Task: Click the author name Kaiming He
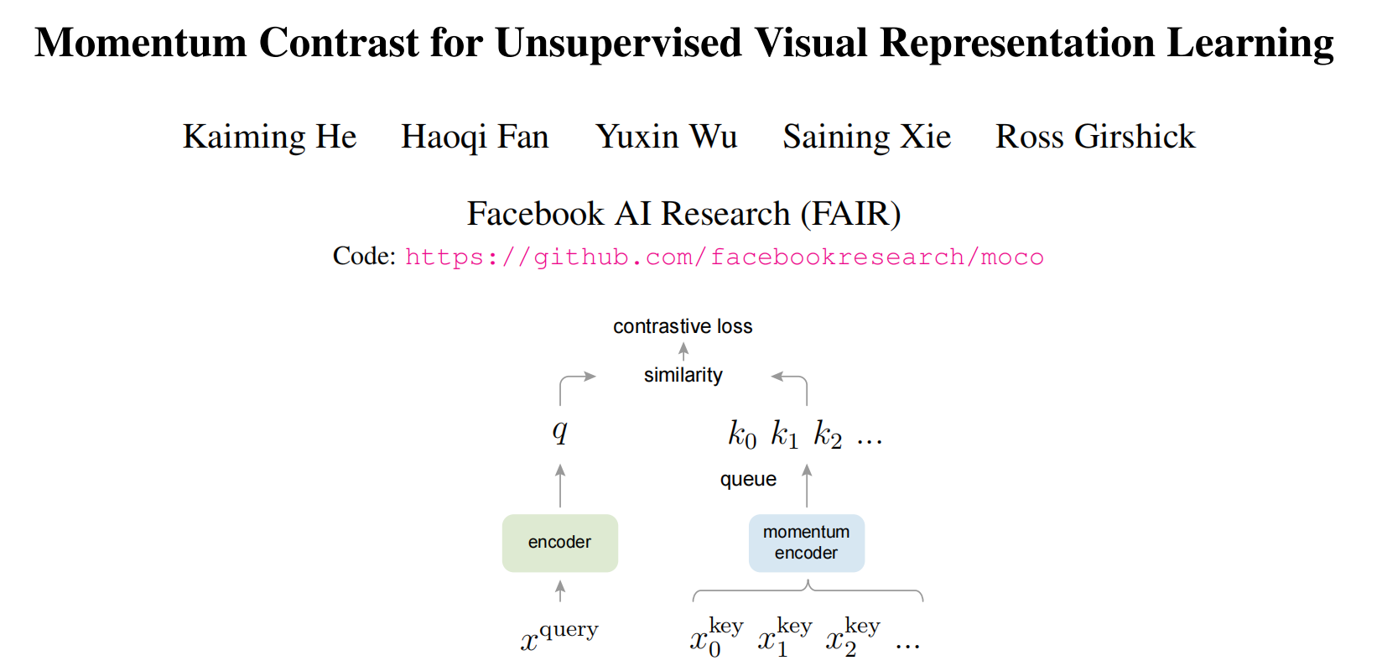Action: click(x=269, y=137)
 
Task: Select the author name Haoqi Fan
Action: click(x=475, y=137)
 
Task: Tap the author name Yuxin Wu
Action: click(x=667, y=137)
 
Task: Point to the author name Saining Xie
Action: click(x=867, y=137)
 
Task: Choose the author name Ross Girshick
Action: click(x=1095, y=137)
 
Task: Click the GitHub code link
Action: click(x=725, y=257)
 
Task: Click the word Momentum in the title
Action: click(x=140, y=43)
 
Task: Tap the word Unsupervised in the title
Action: click(x=618, y=43)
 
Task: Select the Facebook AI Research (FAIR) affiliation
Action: click(x=683, y=214)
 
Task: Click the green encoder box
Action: click(x=559, y=543)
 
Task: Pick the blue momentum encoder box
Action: click(x=806, y=543)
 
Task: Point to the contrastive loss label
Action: click(x=683, y=326)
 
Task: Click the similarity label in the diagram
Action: click(x=683, y=375)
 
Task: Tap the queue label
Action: click(x=748, y=479)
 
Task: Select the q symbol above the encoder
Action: click(x=559, y=432)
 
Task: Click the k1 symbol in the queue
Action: click(x=785, y=435)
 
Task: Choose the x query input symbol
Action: click(x=559, y=637)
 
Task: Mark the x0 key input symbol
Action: click(x=715, y=639)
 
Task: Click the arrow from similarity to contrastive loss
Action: click(x=683, y=351)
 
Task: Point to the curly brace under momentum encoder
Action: click(x=808, y=591)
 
